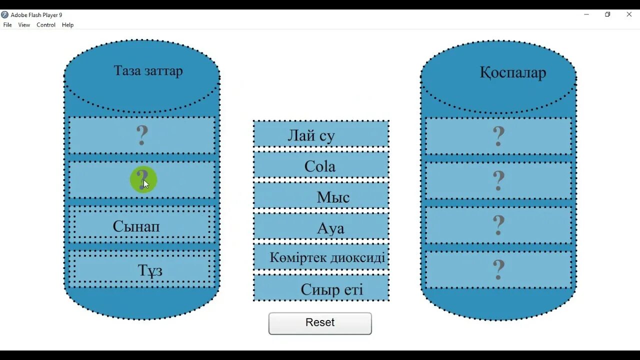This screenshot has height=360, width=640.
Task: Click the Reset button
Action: point(320,323)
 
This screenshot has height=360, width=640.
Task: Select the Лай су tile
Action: point(321,135)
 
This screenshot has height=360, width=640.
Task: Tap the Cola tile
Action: point(321,166)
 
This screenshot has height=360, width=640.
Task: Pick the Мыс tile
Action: point(321,196)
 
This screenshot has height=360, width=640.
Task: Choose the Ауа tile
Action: point(321,228)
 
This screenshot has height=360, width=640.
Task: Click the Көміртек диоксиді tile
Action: point(321,257)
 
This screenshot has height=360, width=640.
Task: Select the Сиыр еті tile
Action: point(321,288)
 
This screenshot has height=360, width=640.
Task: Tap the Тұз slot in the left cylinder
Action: point(142,270)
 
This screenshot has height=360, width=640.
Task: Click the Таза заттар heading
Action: point(148,70)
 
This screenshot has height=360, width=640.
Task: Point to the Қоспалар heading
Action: point(513,72)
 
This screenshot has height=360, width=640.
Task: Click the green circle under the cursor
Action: point(143,179)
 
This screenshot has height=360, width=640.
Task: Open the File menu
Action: point(7,25)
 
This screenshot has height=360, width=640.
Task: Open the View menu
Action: point(24,25)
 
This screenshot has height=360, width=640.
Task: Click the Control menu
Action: point(46,25)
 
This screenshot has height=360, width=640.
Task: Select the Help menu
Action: point(67,25)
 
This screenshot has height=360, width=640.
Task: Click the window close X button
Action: point(629,14)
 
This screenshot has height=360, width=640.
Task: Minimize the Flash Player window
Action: point(586,14)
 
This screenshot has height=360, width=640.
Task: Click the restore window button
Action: point(607,14)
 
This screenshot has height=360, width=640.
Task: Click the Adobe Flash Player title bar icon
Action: point(5,15)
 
